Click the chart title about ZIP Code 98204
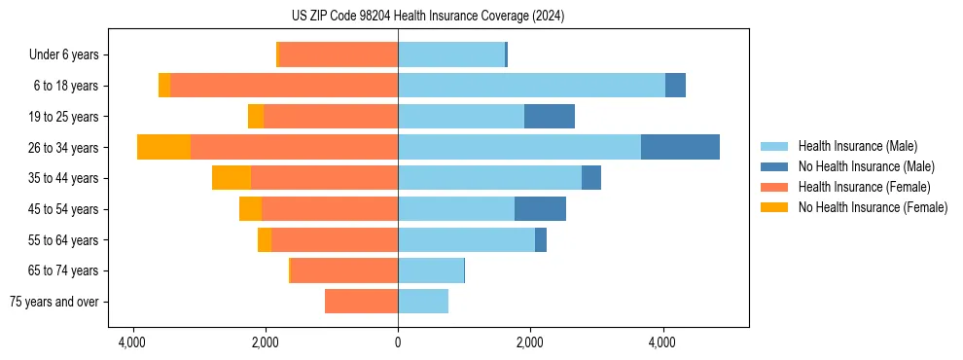coord(428,17)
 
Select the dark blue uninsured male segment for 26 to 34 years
coord(680,147)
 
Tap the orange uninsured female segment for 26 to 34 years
coord(163,147)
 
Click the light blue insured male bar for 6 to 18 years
coord(531,85)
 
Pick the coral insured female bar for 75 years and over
coord(361,302)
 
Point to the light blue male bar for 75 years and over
coord(423,302)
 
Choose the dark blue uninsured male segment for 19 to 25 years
coord(550,116)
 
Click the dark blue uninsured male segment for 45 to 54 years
coord(540,208)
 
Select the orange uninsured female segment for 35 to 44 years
coord(232,178)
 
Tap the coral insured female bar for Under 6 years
coord(339,54)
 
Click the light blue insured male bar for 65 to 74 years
coord(431,270)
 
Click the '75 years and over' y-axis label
coord(53,302)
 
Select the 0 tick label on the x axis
coord(398,342)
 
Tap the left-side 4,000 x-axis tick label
coord(132,342)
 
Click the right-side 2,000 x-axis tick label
coord(530,342)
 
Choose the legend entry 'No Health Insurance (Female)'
coord(873,207)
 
